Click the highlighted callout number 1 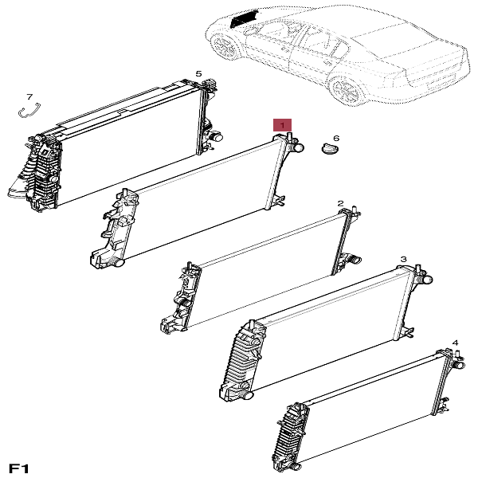282,125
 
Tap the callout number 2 340,203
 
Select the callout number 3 403,260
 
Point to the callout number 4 455,343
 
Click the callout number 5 198,73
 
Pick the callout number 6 336,139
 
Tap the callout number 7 29,97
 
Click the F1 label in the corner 19,468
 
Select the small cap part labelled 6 331,149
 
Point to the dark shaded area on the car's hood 243,18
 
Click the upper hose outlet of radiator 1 297,148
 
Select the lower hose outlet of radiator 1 118,262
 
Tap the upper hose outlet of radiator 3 426,279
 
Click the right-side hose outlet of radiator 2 355,260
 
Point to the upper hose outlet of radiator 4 458,365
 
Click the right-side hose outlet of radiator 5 217,137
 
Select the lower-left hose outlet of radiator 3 247,395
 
